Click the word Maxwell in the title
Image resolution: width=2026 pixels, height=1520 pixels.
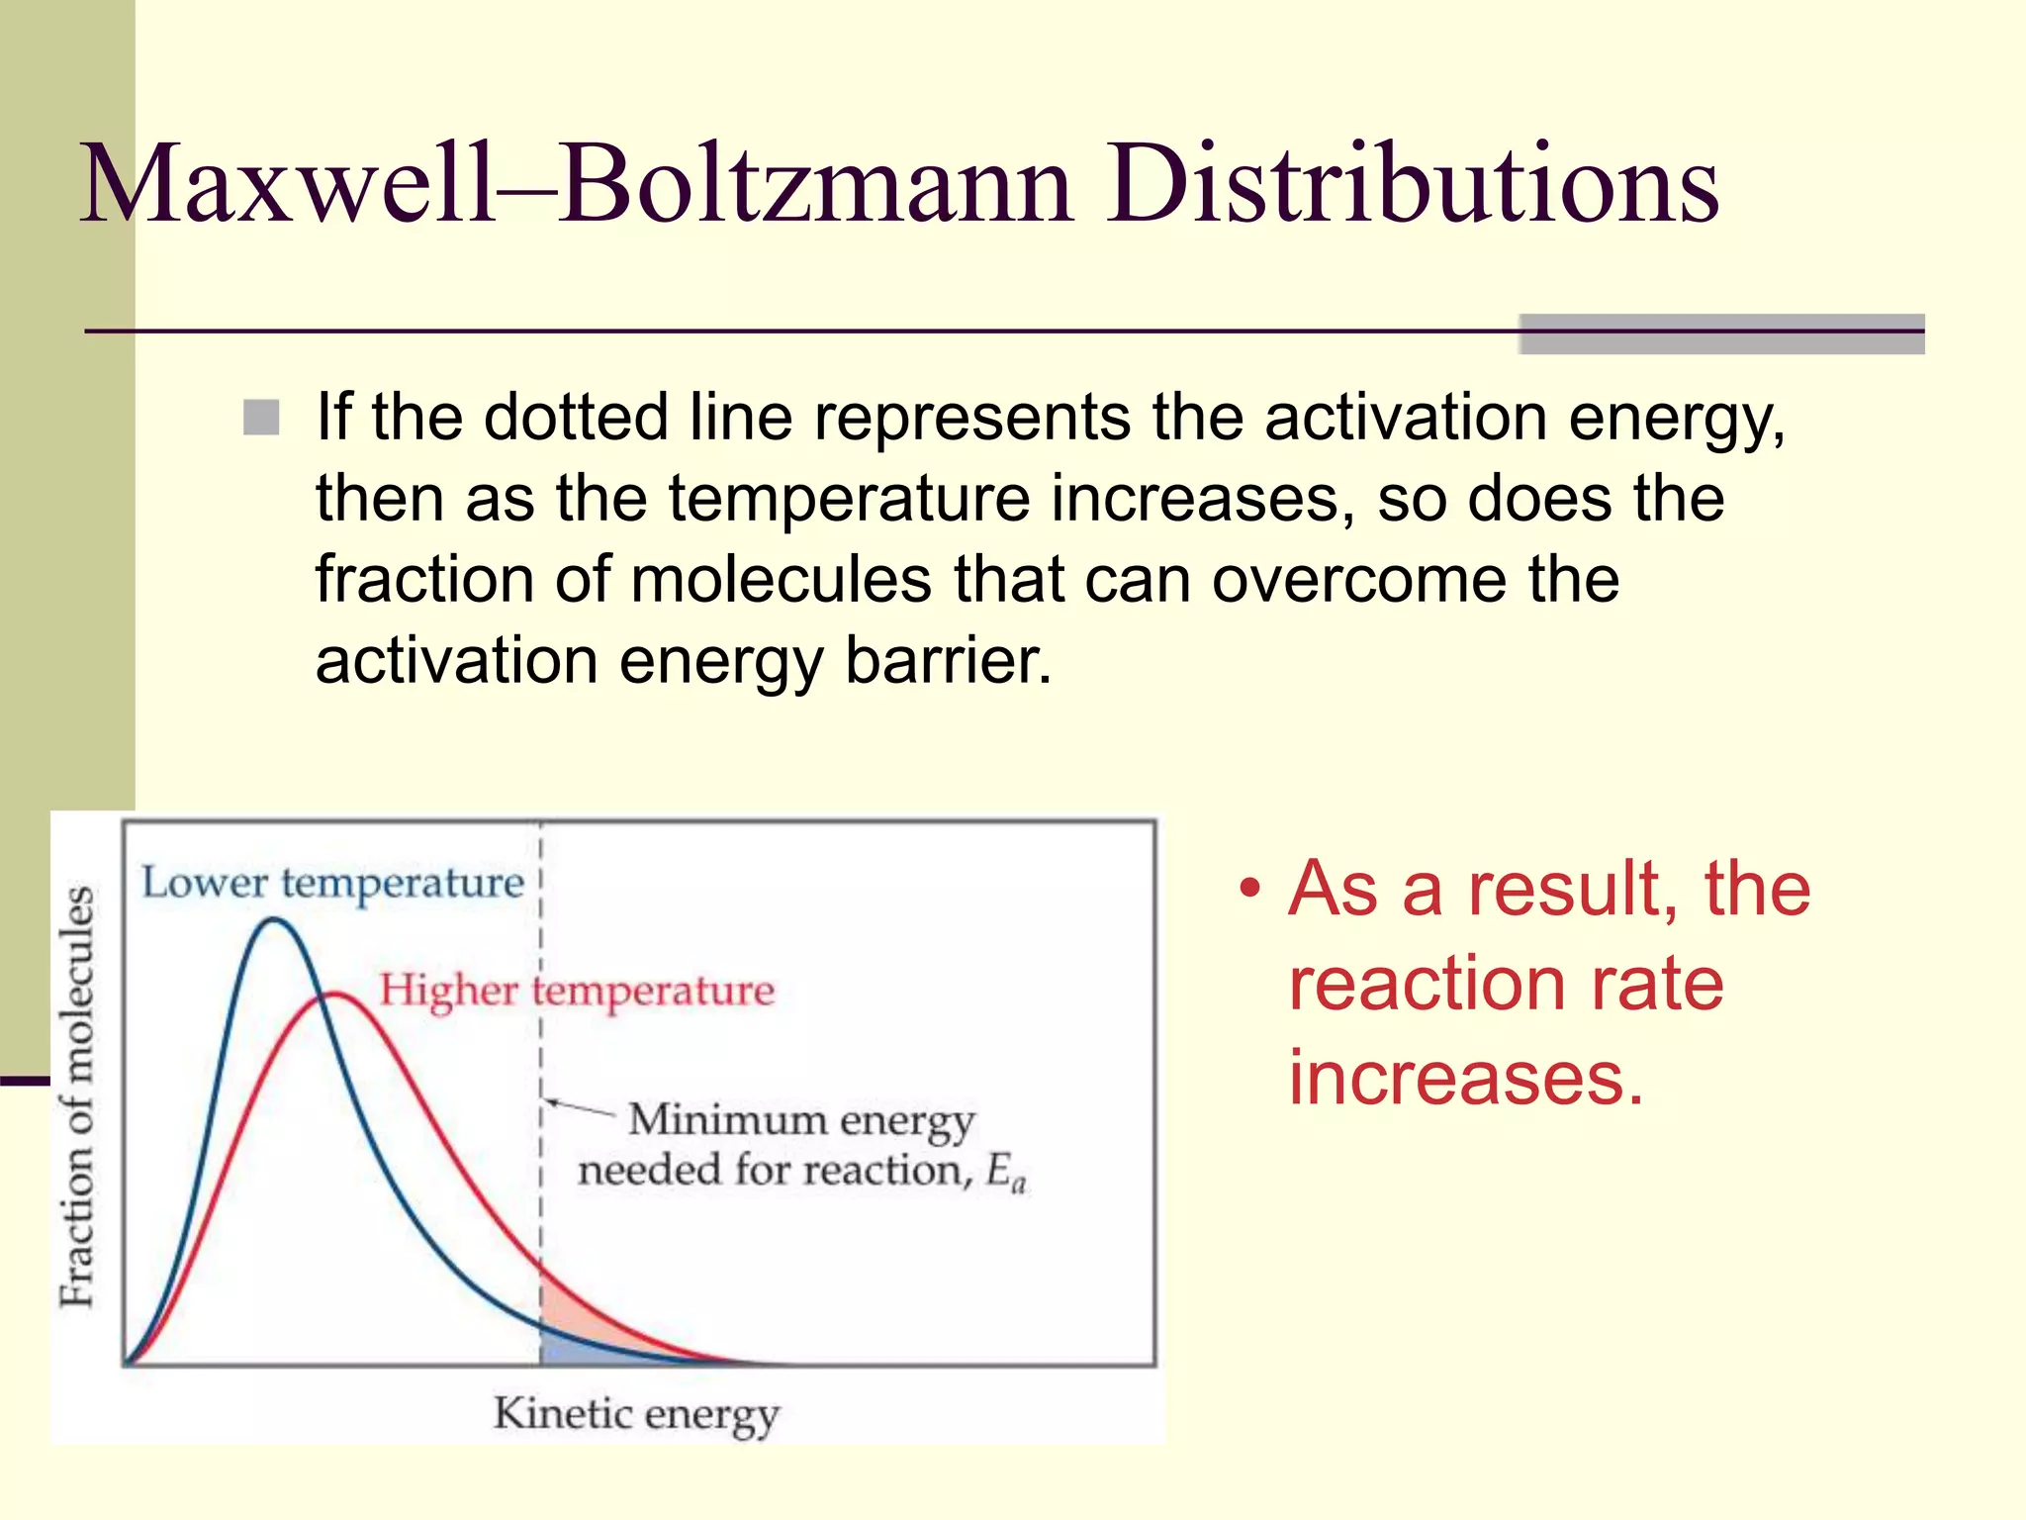click(287, 185)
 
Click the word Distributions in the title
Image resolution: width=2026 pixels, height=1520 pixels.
click(1415, 185)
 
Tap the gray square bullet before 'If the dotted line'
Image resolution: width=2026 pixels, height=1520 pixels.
click(261, 418)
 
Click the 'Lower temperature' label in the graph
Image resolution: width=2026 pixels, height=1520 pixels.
click(332, 883)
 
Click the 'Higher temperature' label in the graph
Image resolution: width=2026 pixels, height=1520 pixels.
click(578, 991)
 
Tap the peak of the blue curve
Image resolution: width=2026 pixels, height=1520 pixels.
click(274, 921)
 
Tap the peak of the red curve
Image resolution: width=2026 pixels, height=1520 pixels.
click(336, 994)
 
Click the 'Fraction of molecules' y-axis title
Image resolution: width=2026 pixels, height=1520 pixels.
click(77, 1096)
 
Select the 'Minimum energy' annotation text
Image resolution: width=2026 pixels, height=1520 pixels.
click(801, 1120)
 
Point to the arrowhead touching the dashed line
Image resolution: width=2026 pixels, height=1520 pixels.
click(551, 1100)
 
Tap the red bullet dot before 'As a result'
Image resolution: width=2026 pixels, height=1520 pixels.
click(1250, 889)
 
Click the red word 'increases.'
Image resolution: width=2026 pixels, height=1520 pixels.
click(1466, 1077)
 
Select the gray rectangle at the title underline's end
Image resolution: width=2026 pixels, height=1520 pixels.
click(1721, 333)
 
